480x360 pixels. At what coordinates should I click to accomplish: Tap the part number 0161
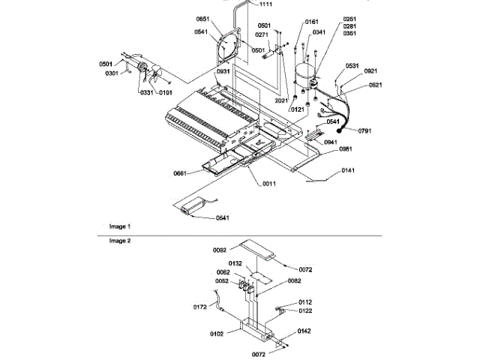coord(312,23)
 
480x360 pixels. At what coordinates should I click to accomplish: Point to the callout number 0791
coord(364,131)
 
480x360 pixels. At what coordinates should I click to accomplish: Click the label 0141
coord(346,171)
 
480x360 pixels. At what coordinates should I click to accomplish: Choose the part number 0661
coord(180,173)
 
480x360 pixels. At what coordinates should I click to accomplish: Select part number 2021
coord(282,100)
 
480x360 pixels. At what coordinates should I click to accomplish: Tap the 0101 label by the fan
coord(164,92)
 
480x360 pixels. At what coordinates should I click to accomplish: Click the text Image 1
coord(120,226)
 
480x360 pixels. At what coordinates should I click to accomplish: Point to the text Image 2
coord(120,241)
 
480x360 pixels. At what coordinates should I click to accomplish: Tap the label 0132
coord(235,264)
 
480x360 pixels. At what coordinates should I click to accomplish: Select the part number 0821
coord(376,85)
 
